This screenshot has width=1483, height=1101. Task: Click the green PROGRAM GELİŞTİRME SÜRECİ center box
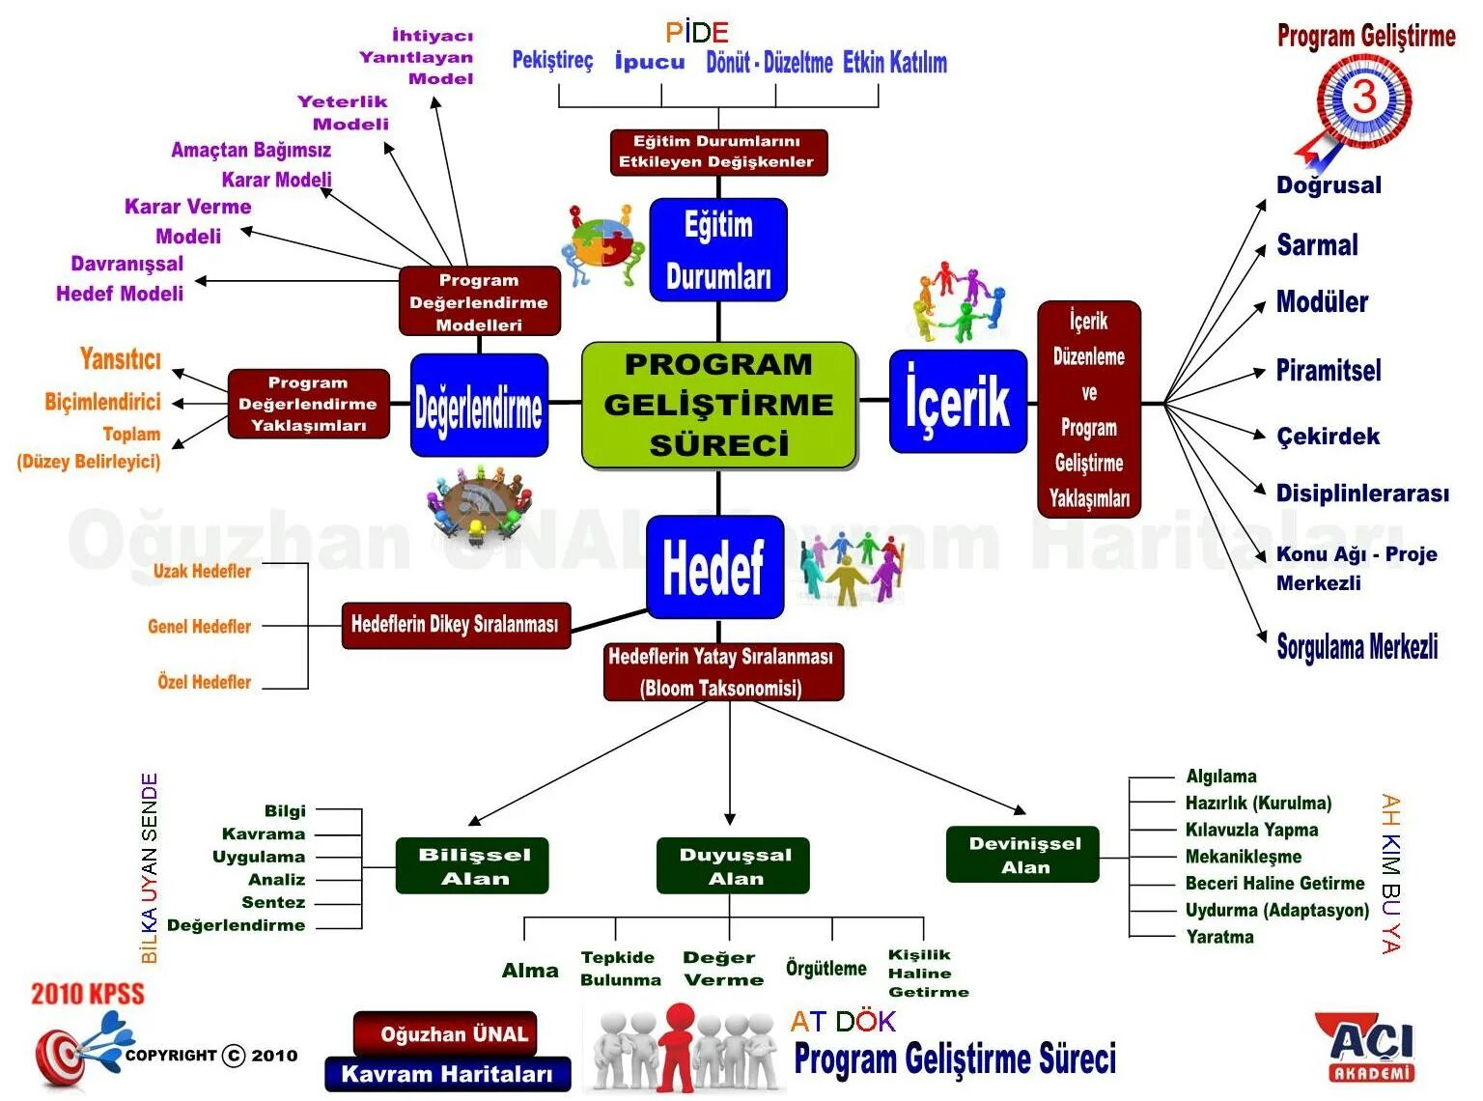click(718, 405)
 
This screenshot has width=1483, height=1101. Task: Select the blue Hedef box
click(714, 567)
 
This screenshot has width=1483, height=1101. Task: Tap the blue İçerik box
click(957, 402)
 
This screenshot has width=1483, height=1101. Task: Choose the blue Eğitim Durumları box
click(718, 250)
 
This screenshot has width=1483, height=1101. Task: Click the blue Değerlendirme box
click(479, 406)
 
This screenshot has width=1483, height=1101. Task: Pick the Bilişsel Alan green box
click(472, 865)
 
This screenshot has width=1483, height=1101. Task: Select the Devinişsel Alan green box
click(1022, 855)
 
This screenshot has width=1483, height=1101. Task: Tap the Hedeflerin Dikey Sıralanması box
click(455, 625)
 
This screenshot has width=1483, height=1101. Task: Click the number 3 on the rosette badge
click(1363, 98)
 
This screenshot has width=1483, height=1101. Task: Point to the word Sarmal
click(1317, 245)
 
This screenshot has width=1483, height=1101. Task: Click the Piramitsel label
click(1328, 370)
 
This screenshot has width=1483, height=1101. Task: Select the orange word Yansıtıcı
click(121, 359)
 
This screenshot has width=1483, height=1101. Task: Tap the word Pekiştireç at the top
click(552, 61)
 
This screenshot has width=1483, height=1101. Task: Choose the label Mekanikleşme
click(1243, 857)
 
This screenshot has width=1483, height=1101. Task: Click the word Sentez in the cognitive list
click(273, 902)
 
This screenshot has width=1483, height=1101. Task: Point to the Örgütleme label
click(825, 968)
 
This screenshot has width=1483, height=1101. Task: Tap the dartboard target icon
click(64, 1055)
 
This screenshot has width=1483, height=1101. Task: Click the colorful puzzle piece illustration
click(602, 244)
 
